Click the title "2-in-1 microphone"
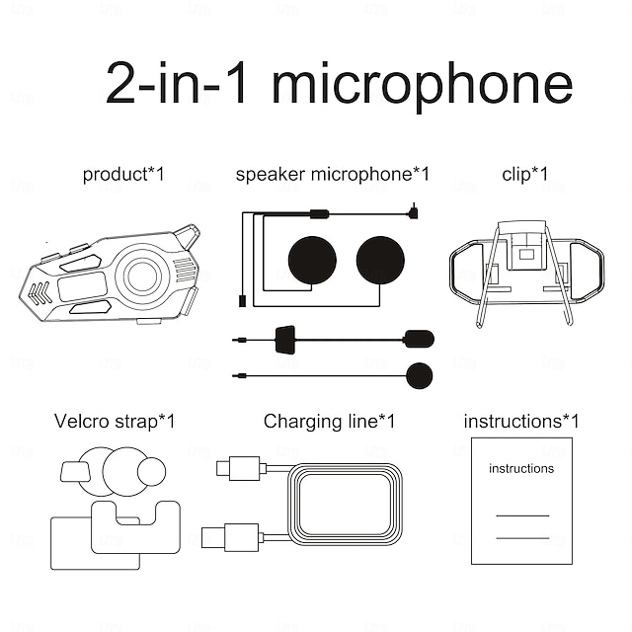[x=339, y=85]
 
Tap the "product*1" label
[x=123, y=175]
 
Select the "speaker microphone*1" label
[x=333, y=175]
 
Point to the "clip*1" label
[x=524, y=175]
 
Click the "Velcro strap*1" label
[x=115, y=422]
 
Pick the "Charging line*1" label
[x=329, y=422]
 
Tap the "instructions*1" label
[x=521, y=422]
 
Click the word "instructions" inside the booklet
[x=521, y=469]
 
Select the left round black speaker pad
[x=312, y=260]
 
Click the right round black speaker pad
[x=380, y=260]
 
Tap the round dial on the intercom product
[x=141, y=276]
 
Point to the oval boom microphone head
[x=419, y=339]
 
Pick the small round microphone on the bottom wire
[x=420, y=375]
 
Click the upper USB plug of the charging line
[x=243, y=467]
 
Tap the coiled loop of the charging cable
[x=346, y=504]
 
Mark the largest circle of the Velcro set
[x=123, y=471]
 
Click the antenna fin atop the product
[x=187, y=237]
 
